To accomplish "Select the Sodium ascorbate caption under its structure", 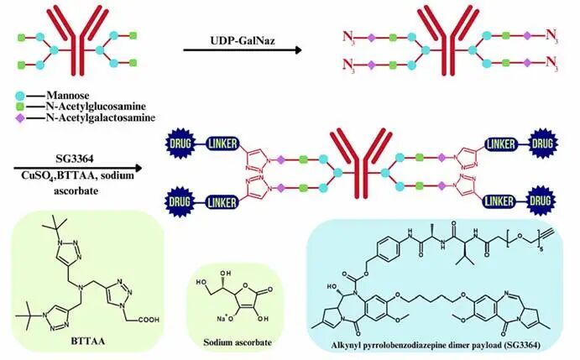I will click(x=233, y=343).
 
